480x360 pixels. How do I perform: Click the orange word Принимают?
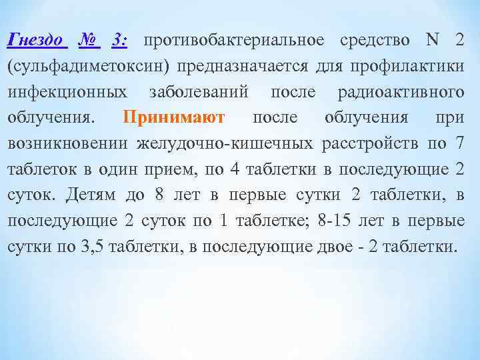[x=175, y=117]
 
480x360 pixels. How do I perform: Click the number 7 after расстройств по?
[x=459, y=143]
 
